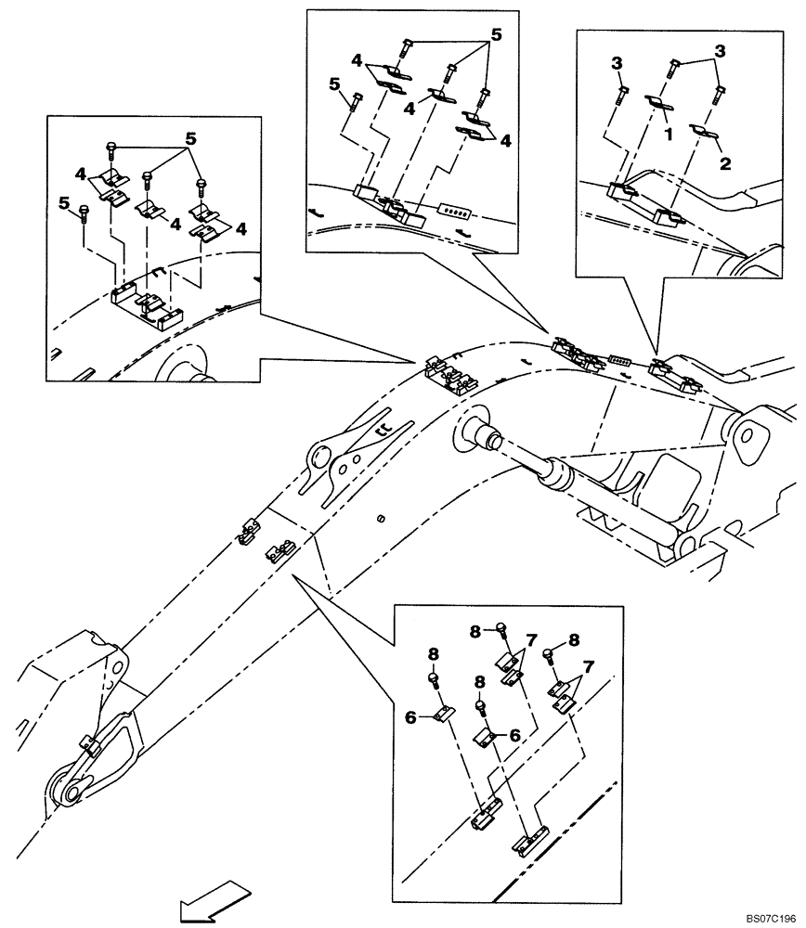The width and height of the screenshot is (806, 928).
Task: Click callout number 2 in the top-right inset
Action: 726,163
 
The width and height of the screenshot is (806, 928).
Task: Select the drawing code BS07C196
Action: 769,918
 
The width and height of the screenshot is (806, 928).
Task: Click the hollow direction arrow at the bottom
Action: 214,902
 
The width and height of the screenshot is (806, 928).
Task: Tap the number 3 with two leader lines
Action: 720,50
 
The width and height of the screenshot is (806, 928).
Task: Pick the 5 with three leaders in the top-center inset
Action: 496,33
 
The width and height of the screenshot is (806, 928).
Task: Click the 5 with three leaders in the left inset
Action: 191,137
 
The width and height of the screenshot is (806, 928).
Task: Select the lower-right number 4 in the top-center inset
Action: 506,141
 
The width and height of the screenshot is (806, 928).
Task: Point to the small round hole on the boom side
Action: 381,516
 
